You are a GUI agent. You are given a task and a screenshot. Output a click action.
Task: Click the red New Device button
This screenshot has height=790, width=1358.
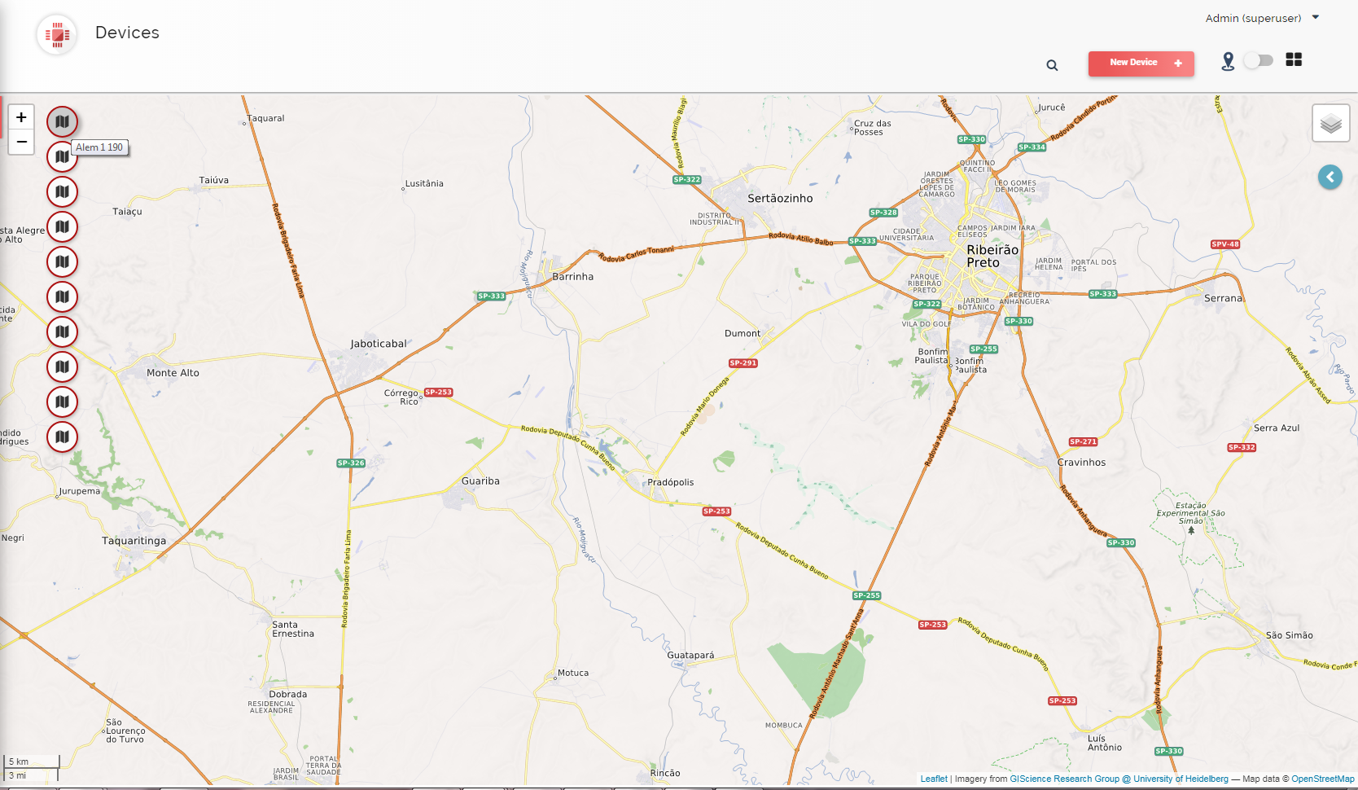coord(1141,63)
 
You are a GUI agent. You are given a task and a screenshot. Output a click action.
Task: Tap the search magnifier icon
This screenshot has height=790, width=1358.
coord(1052,65)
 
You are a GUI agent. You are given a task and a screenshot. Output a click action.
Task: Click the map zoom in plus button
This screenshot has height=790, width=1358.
coord(21,117)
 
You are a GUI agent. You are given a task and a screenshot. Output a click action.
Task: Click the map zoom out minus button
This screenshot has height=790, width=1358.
coord(21,142)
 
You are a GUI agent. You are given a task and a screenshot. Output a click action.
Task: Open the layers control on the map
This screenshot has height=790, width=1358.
coord(1330,124)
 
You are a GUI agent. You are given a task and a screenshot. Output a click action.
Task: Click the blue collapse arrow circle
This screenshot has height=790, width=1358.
coord(1330,177)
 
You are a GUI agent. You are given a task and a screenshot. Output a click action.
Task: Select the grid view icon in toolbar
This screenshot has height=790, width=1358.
coord(1294,59)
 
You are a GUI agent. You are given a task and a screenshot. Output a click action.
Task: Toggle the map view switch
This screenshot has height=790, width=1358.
coord(1259,60)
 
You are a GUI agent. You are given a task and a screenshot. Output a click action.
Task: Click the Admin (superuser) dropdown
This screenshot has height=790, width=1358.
coord(1261,18)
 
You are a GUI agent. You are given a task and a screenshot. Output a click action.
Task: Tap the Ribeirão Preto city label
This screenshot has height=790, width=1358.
coord(992,256)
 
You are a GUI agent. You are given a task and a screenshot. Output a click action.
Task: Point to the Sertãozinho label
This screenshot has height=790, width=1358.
coord(780,198)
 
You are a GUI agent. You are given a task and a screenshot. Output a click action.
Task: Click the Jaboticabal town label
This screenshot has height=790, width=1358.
coord(379,344)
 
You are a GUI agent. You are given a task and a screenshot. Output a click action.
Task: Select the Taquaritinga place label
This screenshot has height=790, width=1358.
coord(134,541)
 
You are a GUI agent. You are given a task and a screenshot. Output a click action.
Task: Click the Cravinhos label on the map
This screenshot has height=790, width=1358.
coord(1081,462)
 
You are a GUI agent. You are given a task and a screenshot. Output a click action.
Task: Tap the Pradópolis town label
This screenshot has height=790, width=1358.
coord(670,482)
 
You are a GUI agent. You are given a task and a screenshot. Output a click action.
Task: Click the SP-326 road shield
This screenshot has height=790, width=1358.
coord(351,463)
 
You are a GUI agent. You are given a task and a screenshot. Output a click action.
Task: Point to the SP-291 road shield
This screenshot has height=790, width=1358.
coord(743,363)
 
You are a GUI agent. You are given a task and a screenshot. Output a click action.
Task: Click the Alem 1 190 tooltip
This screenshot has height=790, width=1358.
coord(99,147)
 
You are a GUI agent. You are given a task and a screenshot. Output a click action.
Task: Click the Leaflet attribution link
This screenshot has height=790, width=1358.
coord(933,779)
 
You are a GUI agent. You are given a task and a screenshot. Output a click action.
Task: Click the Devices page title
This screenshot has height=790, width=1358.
coord(127,33)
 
